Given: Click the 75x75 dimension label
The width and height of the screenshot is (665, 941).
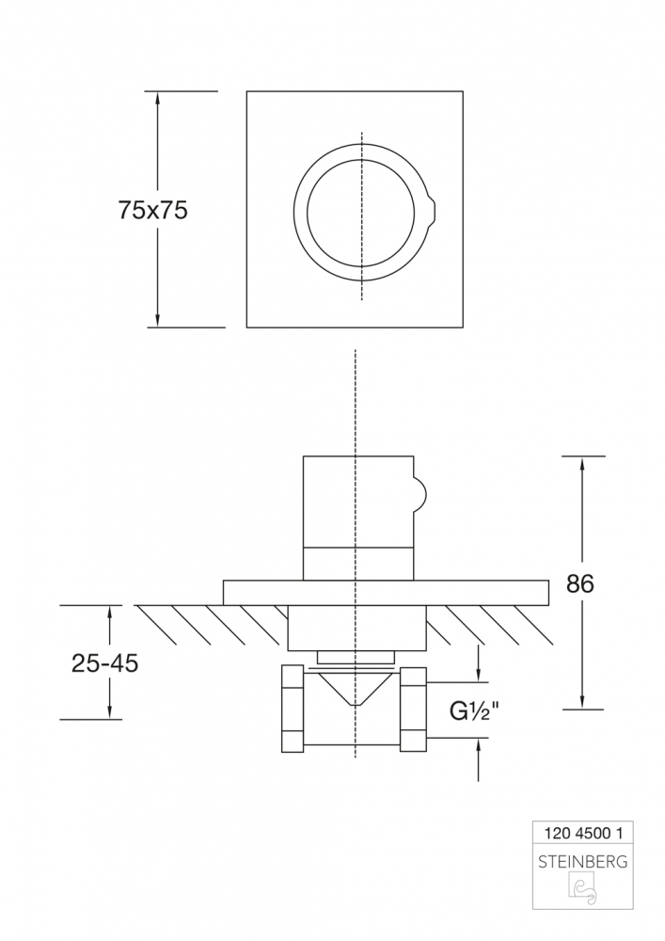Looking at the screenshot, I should (153, 211).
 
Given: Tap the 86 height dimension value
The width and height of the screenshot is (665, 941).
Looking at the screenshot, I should (580, 583).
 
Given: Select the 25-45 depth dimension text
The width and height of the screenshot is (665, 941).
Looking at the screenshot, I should (104, 663).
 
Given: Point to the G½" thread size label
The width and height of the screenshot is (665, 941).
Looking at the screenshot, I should (473, 710).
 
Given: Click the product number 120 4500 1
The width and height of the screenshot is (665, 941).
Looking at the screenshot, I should (583, 833).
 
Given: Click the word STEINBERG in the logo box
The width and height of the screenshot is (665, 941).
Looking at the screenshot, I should (583, 860).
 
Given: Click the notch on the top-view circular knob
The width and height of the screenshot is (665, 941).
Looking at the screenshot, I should (432, 210).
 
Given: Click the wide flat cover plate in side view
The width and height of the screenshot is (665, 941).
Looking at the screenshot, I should (386, 592).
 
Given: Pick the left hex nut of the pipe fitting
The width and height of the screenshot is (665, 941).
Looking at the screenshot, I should (293, 708).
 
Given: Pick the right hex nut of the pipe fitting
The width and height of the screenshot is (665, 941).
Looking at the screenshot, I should (414, 708).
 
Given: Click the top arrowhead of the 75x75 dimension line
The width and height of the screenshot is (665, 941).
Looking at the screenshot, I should (157, 97).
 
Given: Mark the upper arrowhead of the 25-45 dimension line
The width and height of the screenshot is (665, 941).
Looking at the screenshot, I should (110, 612).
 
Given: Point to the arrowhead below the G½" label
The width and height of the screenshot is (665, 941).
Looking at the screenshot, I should (480, 745).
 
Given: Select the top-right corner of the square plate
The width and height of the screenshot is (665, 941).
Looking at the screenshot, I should (463, 91).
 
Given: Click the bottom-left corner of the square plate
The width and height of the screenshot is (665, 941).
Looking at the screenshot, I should (246, 327).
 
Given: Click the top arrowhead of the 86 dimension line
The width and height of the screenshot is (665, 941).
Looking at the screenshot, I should (583, 462).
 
